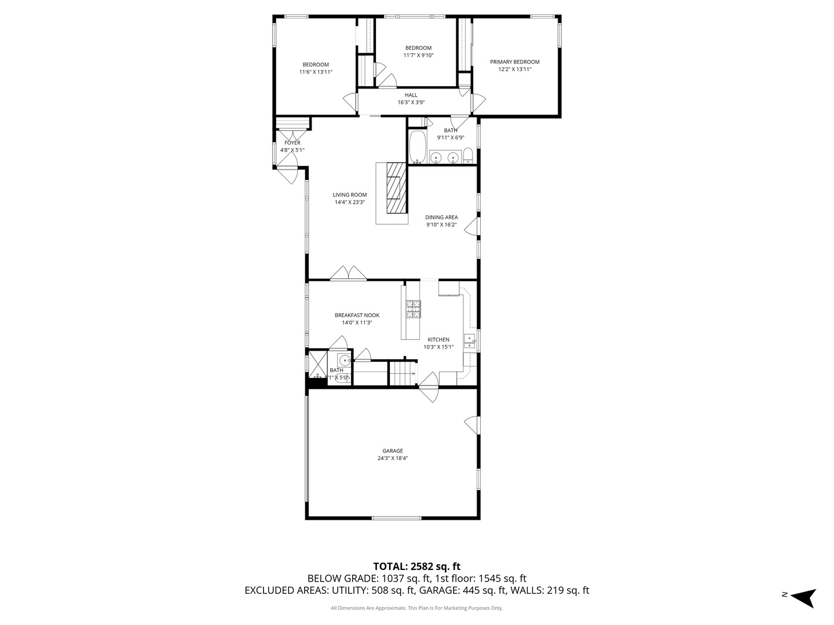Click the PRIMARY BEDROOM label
[514, 62]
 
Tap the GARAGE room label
[392, 451]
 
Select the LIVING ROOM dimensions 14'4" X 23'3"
[349, 203]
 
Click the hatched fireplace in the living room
[397, 188]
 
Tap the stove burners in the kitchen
[413, 309]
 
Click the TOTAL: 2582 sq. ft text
[416, 566]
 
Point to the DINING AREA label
[441, 218]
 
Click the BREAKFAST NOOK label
[357, 315]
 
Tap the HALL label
[411, 95]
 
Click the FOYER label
[292, 143]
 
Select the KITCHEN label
[438, 340]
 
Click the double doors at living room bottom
[348, 274]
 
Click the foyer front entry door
[287, 173]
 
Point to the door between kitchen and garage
[429, 387]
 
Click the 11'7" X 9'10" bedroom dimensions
[418, 56]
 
